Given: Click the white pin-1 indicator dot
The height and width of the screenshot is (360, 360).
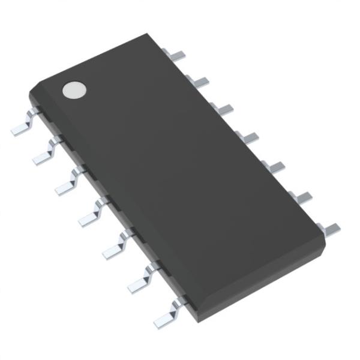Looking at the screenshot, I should tap(74, 90).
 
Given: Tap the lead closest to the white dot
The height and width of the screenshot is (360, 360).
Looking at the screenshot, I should tap(23, 126).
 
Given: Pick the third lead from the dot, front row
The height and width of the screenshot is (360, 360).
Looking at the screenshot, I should tap(68, 183).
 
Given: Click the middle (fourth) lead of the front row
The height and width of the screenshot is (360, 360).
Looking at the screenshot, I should tap(92, 214).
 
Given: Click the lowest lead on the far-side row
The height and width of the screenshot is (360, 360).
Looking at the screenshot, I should tap(329, 226).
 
